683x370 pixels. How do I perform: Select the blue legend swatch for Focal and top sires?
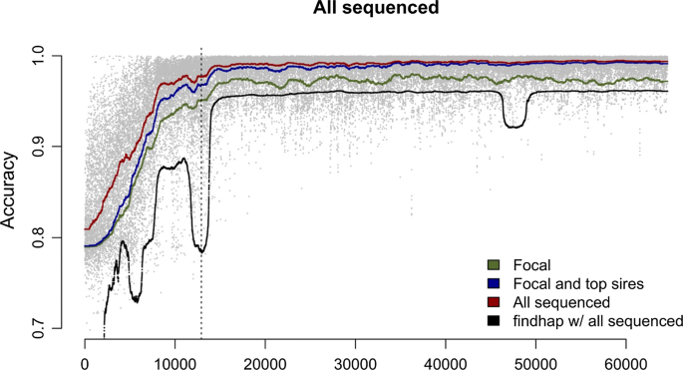pyautogui.click(x=493, y=284)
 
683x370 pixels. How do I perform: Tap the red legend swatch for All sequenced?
pyautogui.click(x=493, y=302)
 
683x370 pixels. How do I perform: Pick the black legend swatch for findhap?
pyautogui.click(x=493, y=320)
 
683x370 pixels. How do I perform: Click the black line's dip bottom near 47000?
pyautogui.click(x=514, y=127)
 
